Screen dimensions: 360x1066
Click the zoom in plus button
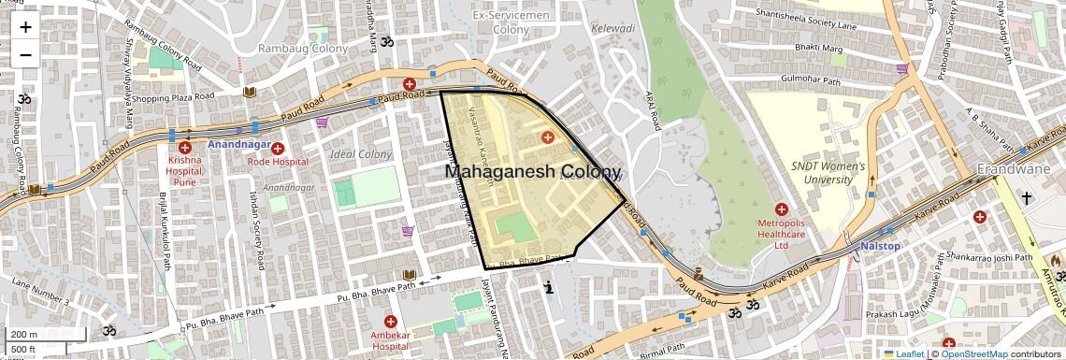(x=25, y=27)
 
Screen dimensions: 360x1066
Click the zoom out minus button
(x=25, y=54)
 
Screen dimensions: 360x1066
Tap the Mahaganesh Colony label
(x=532, y=172)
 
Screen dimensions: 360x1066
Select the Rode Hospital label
(x=278, y=162)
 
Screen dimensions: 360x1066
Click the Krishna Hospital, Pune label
(x=184, y=171)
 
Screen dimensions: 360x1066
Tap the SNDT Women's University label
(x=829, y=172)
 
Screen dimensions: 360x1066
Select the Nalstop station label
(x=880, y=246)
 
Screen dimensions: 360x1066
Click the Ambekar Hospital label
(x=390, y=340)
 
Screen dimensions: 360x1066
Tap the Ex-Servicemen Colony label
(x=511, y=22)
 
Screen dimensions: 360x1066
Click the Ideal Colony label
(x=361, y=154)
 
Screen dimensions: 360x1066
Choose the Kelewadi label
(x=613, y=28)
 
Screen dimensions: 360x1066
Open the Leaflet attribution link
(x=903, y=353)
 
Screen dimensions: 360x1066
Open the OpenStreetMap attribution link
(x=974, y=353)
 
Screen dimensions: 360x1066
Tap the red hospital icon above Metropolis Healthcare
(x=781, y=209)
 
